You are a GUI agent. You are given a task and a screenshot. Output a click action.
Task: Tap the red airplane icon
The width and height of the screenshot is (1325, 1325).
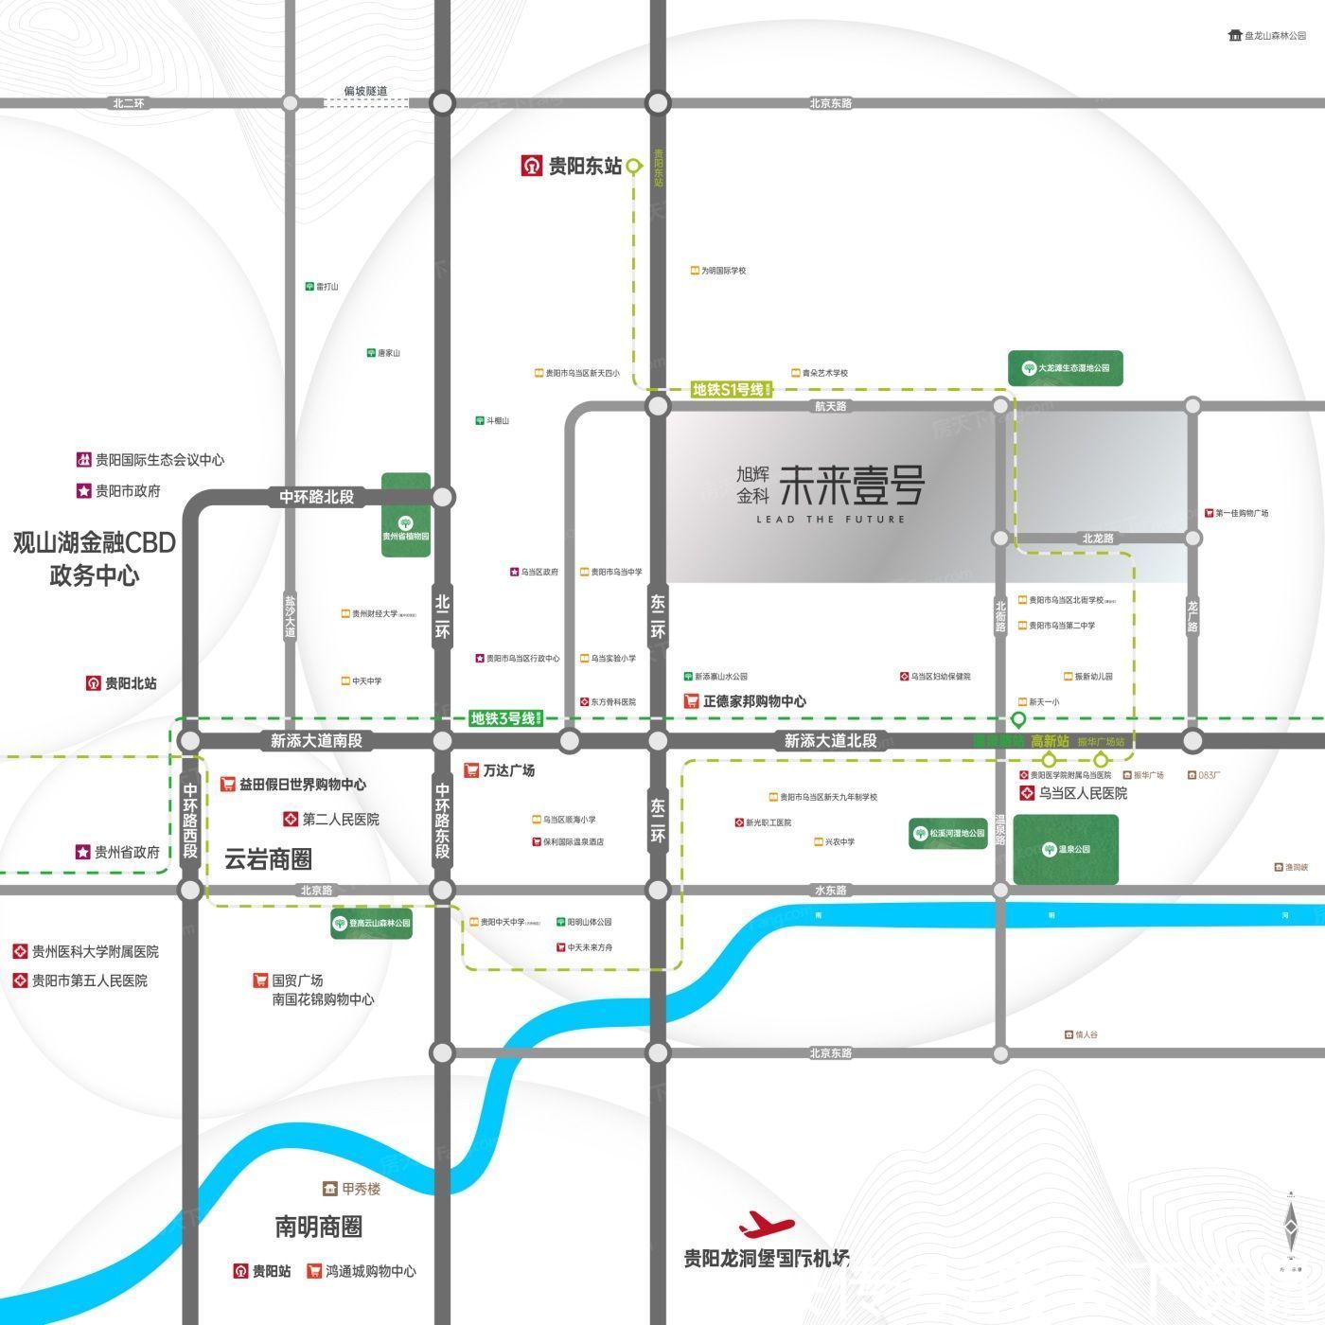(x=768, y=1225)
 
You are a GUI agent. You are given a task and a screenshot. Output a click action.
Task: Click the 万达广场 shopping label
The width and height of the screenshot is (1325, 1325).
(x=508, y=770)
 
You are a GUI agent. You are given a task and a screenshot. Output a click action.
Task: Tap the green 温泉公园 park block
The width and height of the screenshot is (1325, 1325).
(x=1066, y=849)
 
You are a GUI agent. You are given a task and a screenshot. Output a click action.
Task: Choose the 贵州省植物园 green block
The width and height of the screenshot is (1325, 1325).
(x=406, y=516)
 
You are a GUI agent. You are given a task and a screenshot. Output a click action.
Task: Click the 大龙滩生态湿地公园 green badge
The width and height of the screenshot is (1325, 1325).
(x=1066, y=367)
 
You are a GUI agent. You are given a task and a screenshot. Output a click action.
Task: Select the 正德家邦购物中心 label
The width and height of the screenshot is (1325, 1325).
(x=754, y=701)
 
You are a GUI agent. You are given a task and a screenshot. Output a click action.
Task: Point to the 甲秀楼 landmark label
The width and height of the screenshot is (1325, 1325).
(x=361, y=1189)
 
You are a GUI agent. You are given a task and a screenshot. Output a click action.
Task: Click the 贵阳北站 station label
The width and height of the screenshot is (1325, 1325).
(x=130, y=682)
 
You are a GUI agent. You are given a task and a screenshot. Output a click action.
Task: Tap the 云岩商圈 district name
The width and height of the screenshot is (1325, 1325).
(x=268, y=859)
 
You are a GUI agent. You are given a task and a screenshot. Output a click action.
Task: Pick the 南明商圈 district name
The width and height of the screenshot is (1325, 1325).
(x=319, y=1228)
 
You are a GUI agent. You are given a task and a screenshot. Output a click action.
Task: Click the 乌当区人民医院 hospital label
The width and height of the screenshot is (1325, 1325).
(x=1083, y=793)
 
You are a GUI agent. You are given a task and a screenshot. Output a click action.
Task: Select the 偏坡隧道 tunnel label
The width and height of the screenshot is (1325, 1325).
(x=365, y=91)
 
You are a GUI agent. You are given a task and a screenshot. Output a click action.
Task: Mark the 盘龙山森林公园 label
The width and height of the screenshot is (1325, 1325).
(x=1274, y=35)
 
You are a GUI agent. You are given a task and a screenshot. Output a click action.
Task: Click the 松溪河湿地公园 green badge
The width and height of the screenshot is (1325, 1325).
(x=947, y=834)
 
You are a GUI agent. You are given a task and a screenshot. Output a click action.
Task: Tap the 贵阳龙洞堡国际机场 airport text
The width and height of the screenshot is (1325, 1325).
(x=767, y=1259)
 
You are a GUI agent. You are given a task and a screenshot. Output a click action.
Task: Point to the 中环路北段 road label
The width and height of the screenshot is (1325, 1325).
(x=316, y=497)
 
